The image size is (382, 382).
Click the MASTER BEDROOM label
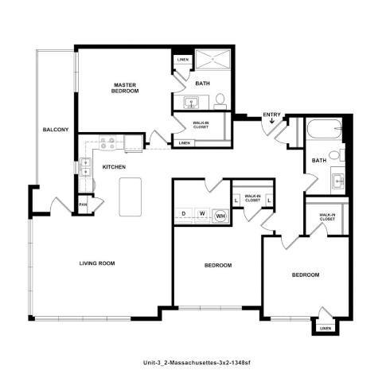pyautogui.click(x=126, y=88)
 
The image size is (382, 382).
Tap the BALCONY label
pyautogui.click(x=55, y=129)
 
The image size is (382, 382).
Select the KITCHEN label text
pyautogui.click(x=116, y=168)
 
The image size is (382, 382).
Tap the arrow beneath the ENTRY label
pyautogui.click(x=272, y=123)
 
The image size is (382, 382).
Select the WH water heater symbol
pyautogui.click(x=220, y=214)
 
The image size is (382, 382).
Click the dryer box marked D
pyautogui.click(x=185, y=214)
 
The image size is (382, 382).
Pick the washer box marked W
pyautogui.click(x=202, y=214)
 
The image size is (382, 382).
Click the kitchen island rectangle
pyautogui.click(x=131, y=196)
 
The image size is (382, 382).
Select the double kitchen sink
pyautogui.click(x=85, y=168)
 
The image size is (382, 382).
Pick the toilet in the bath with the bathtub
pyautogui.click(x=341, y=154)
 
